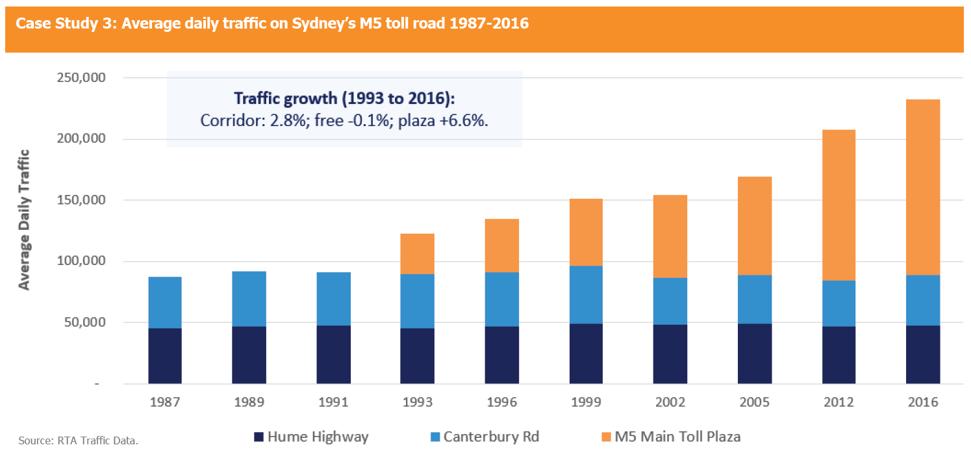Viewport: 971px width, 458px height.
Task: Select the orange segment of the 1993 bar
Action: [418, 253]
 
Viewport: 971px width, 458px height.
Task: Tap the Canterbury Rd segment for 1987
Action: [165, 302]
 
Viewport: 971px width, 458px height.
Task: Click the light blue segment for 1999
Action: [586, 294]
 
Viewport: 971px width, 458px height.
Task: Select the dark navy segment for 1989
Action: [249, 355]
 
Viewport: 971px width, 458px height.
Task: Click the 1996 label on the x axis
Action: [501, 402]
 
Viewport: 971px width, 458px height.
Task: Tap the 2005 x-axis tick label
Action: [755, 402]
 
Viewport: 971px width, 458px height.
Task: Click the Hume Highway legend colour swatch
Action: [259, 437]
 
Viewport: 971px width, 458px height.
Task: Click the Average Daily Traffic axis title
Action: [24, 220]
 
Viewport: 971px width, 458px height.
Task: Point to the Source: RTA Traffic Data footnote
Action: [79, 441]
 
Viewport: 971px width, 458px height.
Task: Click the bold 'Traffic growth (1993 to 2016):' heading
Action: [344, 99]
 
